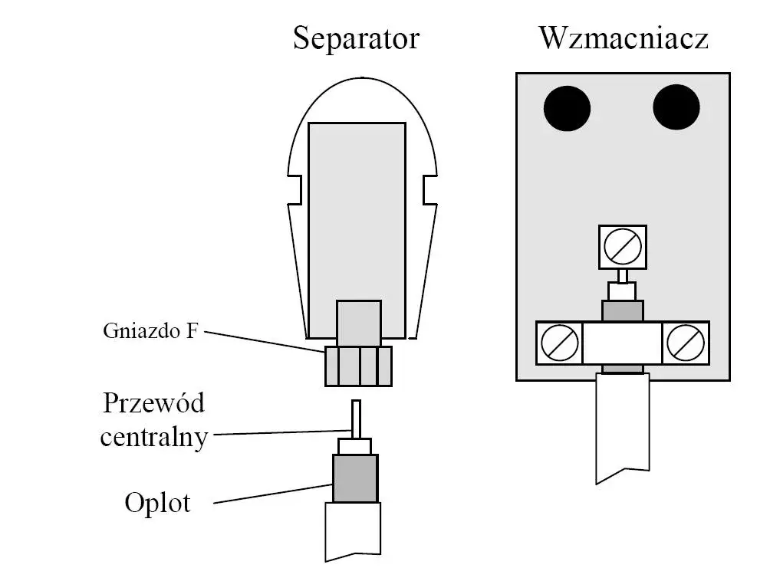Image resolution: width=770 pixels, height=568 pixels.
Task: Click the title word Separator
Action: click(x=356, y=38)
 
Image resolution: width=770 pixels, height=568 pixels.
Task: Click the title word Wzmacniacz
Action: click(x=623, y=38)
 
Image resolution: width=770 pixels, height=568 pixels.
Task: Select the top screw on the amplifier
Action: click(x=621, y=247)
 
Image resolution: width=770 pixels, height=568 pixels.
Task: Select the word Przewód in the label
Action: click(x=154, y=403)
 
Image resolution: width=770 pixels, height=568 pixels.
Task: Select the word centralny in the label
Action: click(x=154, y=437)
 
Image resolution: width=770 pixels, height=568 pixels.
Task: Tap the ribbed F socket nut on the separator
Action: click(x=358, y=366)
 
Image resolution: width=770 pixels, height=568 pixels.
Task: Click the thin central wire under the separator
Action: click(x=356, y=419)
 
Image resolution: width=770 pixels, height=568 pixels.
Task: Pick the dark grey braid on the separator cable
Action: click(x=355, y=478)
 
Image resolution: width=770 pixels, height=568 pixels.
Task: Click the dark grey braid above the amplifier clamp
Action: click(x=622, y=311)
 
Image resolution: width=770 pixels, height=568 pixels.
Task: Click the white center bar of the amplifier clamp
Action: click(x=622, y=343)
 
